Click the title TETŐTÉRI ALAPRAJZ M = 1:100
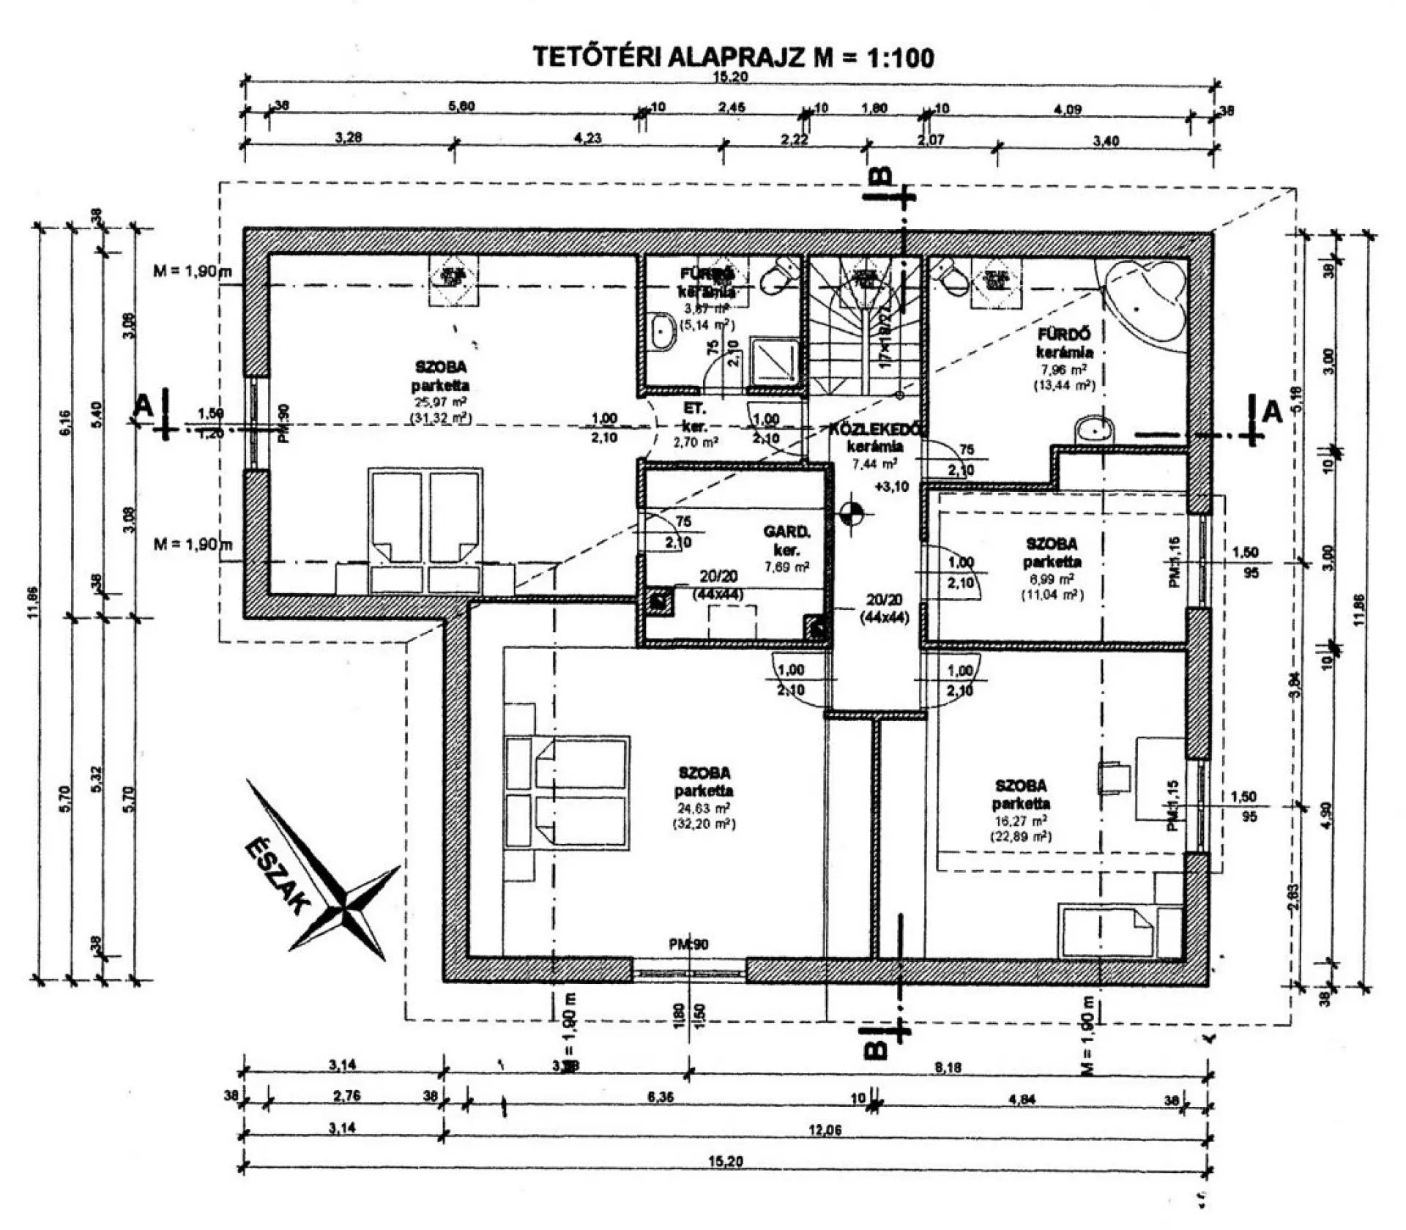point(733,57)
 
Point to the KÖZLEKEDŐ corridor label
point(875,430)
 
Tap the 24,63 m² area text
point(704,808)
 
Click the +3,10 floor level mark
point(890,486)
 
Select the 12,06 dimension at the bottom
point(825,1130)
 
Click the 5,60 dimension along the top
point(461,106)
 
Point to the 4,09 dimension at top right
point(1068,109)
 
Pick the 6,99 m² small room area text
point(1052,579)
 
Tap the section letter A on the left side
point(144,405)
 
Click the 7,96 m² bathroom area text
point(1064,370)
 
